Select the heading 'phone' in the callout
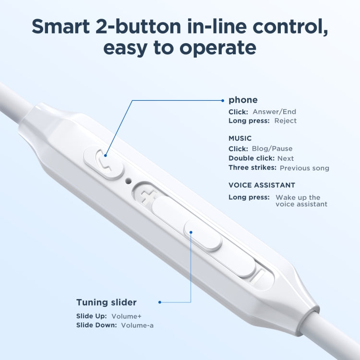[x=243, y=100]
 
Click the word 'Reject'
[x=285, y=120]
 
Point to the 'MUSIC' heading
[x=240, y=138]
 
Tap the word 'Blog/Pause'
[x=272, y=148]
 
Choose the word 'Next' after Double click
[x=286, y=158]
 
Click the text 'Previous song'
[x=304, y=168]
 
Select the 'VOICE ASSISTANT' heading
[x=262, y=185]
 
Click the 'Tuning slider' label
[x=106, y=302]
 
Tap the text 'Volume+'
[x=126, y=316]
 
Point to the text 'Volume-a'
[x=137, y=325]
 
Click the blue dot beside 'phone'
[x=223, y=100]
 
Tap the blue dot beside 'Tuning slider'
[x=159, y=302]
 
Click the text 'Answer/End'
[x=275, y=112]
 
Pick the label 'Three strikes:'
[x=252, y=168]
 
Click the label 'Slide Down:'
[x=96, y=325]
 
